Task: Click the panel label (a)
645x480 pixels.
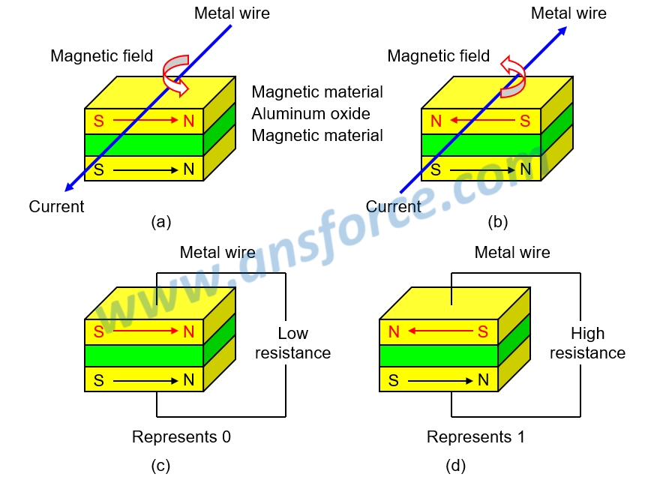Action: tap(161, 221)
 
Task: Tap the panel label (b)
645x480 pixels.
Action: tap(497, 221)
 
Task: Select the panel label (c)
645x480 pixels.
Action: tap(161, 466)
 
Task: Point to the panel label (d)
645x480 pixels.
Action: tap(456, 466)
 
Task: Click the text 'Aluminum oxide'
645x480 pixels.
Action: tap(310, 114)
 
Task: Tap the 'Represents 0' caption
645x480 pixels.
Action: tap(181, 436)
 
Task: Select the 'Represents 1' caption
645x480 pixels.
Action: tap(475, 436)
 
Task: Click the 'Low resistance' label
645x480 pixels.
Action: tap(292, 343)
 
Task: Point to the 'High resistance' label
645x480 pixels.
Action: tap(587, 343)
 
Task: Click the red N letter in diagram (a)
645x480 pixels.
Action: tap(188, 120)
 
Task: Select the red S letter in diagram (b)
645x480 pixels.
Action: tap(525, 120)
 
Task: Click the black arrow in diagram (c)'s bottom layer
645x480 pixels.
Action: tap(142, 380)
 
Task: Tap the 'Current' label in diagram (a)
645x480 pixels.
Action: tap(57, 206)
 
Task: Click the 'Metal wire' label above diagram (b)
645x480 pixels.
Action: tap(568, 13)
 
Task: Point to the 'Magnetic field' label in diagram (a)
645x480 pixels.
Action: tap(101, 56)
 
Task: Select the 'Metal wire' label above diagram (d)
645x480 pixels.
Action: tap(512, 253)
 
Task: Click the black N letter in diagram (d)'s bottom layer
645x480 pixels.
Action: tap(483, 380)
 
